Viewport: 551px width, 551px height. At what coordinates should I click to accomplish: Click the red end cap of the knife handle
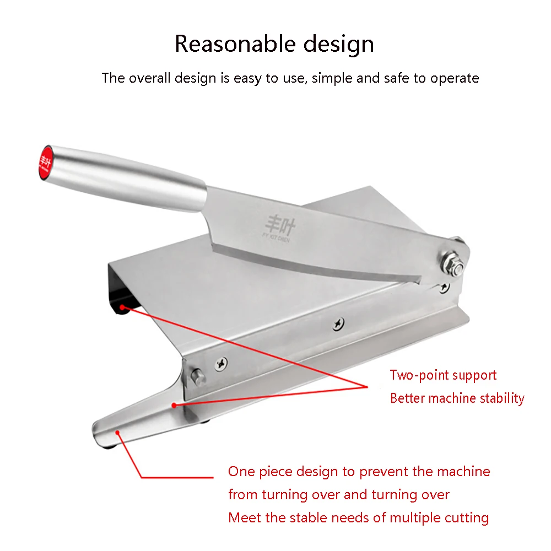46,160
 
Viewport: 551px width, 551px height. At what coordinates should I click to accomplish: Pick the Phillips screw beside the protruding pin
222,363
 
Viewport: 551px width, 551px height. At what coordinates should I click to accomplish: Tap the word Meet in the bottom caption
242,517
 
